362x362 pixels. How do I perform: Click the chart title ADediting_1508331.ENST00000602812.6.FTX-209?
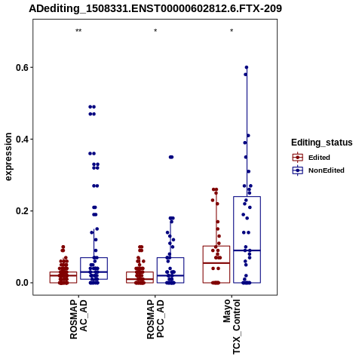pos(155,8)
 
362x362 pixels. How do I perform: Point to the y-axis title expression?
pos(8,157)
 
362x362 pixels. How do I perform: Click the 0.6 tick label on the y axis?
pos(21,67)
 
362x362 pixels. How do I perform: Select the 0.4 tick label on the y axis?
pos(21,139)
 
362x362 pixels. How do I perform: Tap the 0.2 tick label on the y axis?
pos(21,211)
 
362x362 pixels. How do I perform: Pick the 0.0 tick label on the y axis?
pos(21,283)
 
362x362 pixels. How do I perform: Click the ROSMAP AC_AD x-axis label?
pos(78,319)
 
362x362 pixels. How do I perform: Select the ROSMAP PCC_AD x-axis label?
pos(155,319)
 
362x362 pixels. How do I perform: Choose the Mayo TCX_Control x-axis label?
pos(232,327)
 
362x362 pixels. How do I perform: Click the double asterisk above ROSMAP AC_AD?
pos(78,31)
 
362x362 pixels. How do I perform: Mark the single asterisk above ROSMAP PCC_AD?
pos(155,31)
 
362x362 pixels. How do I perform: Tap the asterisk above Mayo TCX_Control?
pos(232,31)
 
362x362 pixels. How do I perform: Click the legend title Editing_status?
pos(322,143)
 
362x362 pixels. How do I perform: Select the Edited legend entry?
pos(311,158)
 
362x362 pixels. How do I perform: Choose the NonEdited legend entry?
pos(318,170)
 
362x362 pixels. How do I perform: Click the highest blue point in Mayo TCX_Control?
pos(247,67)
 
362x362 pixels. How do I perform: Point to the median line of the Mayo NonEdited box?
pos(247,250)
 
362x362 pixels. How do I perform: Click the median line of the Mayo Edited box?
pos(216,263)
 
